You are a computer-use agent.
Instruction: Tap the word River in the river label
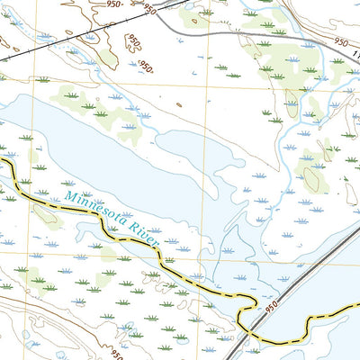[146, 238]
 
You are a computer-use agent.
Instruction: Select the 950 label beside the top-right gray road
[339, 41]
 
